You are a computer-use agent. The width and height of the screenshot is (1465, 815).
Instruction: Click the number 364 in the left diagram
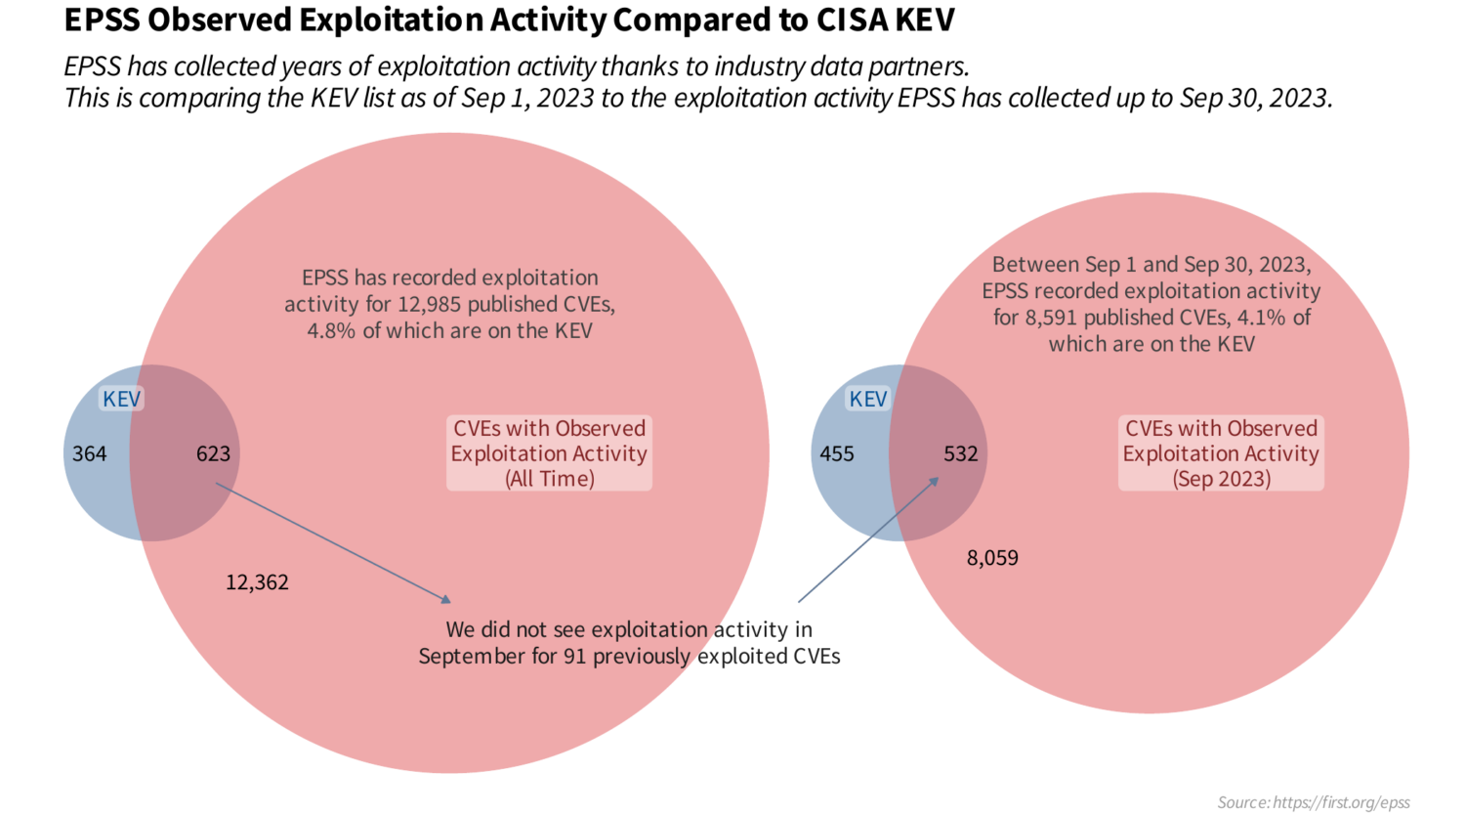pos(89,453)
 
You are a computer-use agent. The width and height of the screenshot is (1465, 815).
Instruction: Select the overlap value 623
pos(213,453)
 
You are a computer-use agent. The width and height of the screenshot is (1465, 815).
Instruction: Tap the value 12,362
pos(257,582)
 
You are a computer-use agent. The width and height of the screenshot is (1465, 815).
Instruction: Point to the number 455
pos(836,453)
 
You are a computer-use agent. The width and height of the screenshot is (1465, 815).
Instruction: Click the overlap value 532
pos(960,453)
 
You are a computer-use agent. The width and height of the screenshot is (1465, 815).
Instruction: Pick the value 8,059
pos(992,558)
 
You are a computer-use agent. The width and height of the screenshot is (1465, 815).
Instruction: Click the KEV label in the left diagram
pos(122,399)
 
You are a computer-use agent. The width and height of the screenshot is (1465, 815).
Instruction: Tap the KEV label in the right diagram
pos(867,399)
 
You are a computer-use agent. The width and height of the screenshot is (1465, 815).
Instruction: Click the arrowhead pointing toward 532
pos(935,481)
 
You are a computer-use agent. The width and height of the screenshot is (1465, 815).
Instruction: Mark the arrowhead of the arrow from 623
pos(446,598)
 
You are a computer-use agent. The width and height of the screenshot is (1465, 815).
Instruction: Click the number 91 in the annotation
pos(575,656)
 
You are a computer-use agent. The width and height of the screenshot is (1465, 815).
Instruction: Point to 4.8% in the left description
pos(332,330)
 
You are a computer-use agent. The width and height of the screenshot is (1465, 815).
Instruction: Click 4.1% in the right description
pos(1262,318)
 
